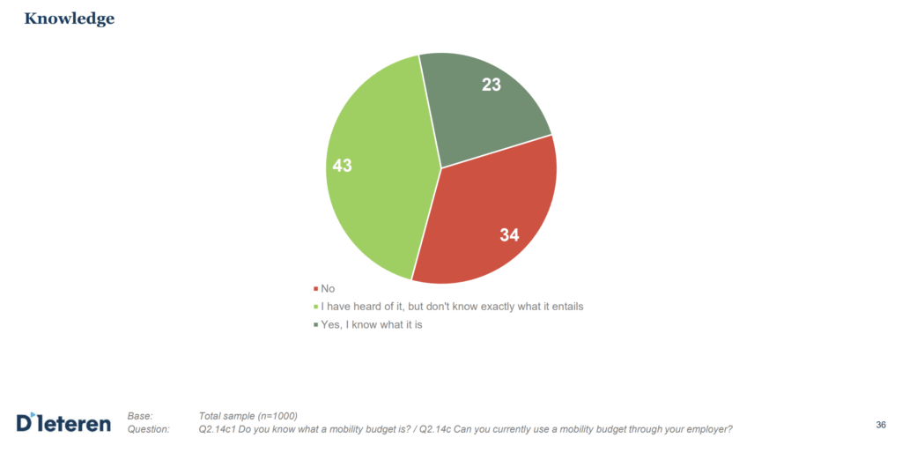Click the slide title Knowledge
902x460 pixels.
(69, 19)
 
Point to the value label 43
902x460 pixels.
(342, 165)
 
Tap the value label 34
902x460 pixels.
(509, 234)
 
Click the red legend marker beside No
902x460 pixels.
(315, 289)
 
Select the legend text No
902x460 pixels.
(328, 288)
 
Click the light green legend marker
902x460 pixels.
(315, 308)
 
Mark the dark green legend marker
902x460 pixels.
(315, 326)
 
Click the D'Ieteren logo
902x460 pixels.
(63, 423)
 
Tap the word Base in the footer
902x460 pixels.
(140, 416)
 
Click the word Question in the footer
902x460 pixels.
(147, 429)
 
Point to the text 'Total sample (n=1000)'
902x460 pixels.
(248, 416)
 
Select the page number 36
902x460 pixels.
(881, 425)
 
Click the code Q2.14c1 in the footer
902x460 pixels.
(220, 429)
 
